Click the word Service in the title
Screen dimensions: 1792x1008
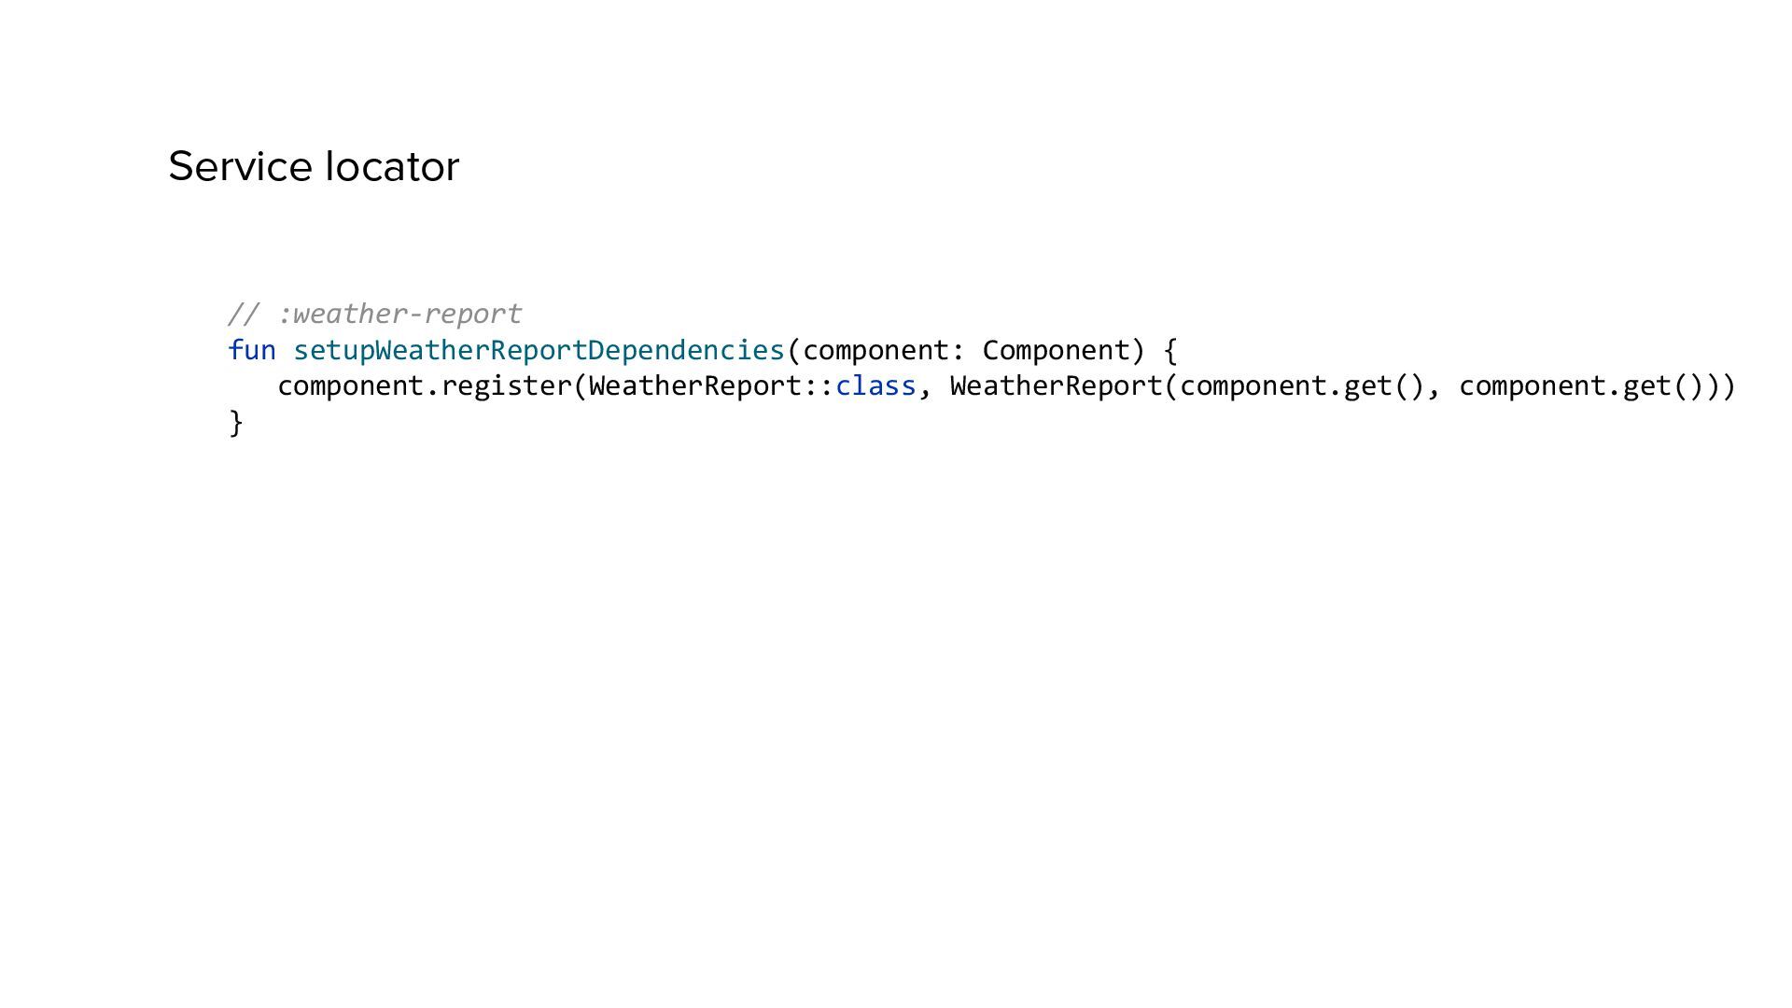241,167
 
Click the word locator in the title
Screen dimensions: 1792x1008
392,167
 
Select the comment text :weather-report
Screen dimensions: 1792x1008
399,314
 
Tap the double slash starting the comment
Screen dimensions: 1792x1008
244,314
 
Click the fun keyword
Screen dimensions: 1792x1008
252,350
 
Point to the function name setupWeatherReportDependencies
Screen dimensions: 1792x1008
539,350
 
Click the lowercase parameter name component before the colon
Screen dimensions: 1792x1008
875,350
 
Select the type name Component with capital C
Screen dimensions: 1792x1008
1056,350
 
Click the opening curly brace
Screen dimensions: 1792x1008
1170,350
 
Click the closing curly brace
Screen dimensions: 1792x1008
236,423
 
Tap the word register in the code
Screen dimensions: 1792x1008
506,386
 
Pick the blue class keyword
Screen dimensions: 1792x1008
875,386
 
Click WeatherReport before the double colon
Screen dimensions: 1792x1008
695,386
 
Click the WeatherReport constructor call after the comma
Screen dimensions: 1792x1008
1056,386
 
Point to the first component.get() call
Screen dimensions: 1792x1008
1302,386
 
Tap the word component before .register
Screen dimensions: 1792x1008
351,386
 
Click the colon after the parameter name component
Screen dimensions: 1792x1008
958,351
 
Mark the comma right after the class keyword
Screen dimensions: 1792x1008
925,390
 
